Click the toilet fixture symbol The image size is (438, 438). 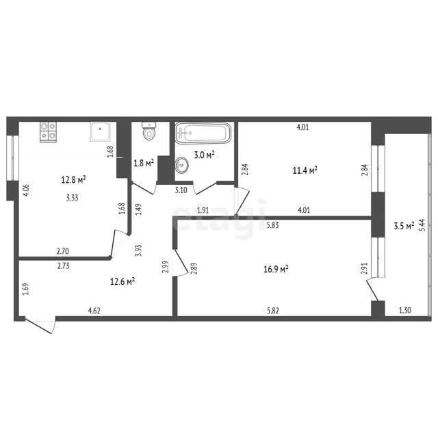point(149,131)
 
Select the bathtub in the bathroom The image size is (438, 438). point(203,133)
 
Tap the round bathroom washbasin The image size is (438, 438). point(182,165)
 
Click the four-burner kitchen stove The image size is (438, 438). point(48,131)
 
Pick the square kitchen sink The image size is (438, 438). point(100,131)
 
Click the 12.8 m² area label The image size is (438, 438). point(73,179)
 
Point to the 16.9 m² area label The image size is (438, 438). point(276,269)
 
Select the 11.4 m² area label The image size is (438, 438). point(305,170)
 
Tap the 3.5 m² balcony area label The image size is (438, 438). point(404,226)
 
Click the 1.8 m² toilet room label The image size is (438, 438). point(144,163)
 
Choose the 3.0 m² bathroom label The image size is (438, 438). point(204,155)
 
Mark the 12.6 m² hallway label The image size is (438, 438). point(123,281)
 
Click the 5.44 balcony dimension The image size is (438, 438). point(422,224)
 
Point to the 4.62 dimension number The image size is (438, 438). point(94,310)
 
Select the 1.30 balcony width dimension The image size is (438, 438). point(404,310)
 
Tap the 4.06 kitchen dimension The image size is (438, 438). point(25,190)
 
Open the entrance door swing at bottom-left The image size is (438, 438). point(40,324)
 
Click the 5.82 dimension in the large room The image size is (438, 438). point(273,311)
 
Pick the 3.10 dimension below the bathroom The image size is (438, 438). point(181,190)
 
